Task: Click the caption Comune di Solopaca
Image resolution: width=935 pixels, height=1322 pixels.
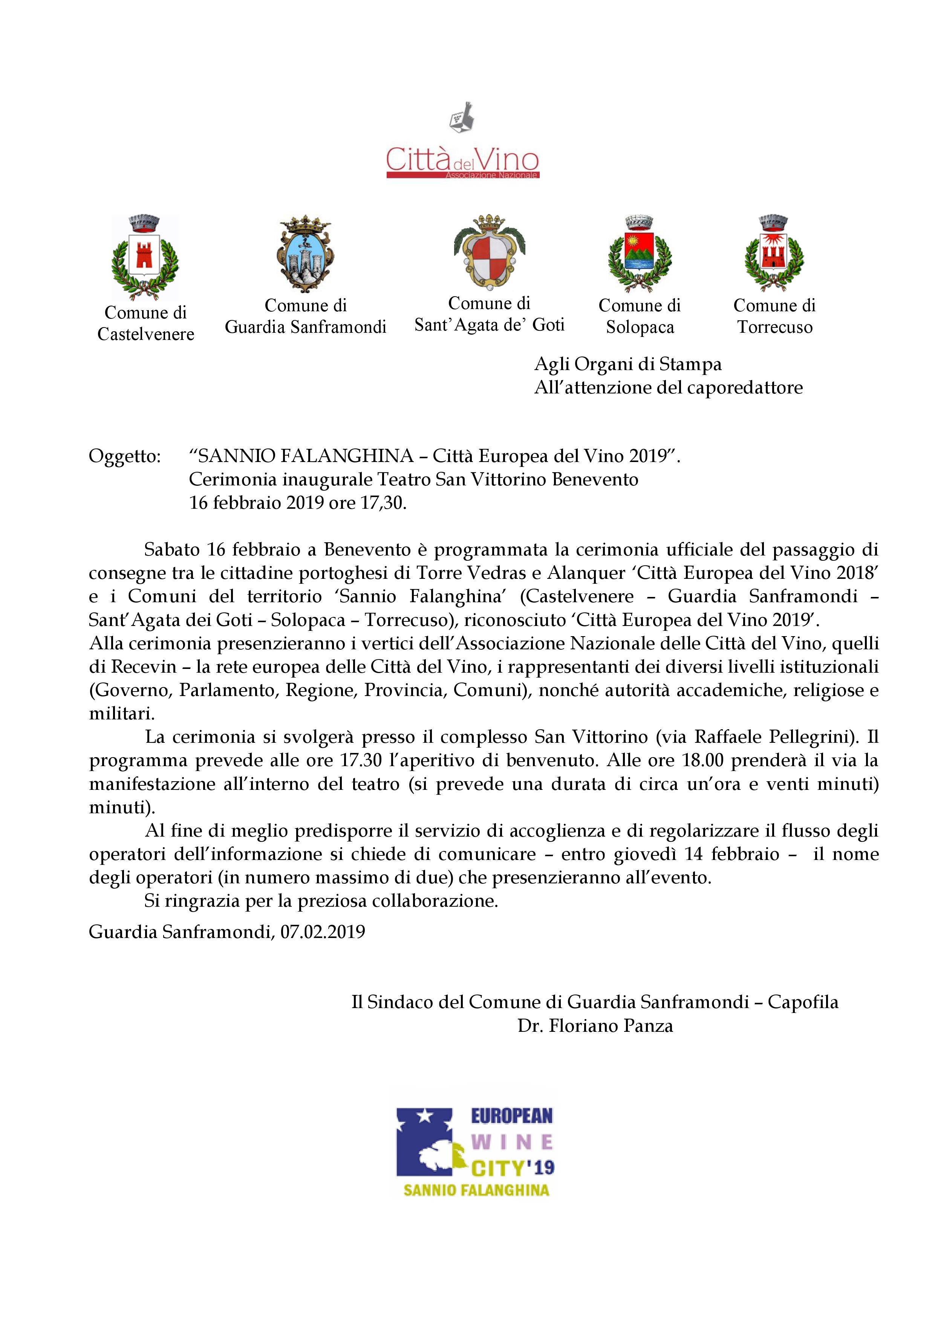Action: pos(639,316)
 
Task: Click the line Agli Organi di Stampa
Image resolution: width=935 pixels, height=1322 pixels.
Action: pos(627,364)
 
